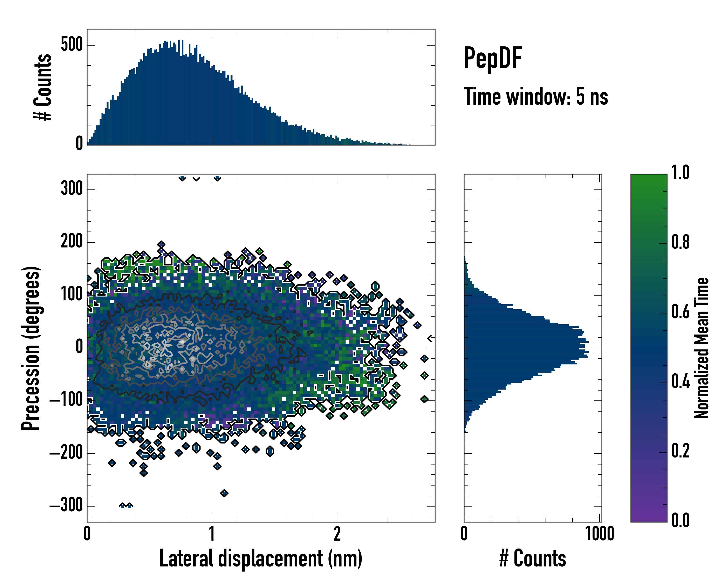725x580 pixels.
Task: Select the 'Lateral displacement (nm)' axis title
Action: pos(261,559)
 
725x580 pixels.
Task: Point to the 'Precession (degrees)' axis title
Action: pos(31,348)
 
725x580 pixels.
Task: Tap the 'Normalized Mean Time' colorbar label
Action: pos(702,348)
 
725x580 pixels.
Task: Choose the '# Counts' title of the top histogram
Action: pos(43,87)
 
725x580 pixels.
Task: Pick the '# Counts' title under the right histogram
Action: pos(533,559)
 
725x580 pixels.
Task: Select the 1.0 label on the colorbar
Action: pos(680,173)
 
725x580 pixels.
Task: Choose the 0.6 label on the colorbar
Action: pos(680,312)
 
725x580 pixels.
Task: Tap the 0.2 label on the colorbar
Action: pos(680,451)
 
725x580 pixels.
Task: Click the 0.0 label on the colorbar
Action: pos(680,520)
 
